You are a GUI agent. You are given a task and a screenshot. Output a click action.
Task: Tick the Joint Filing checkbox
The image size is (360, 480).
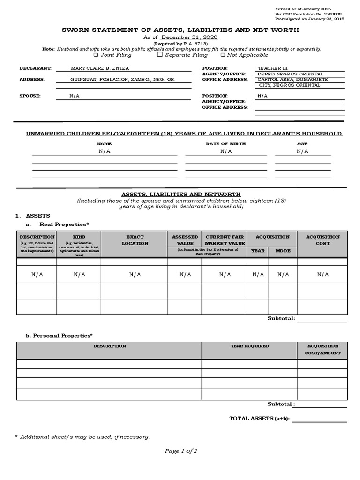[96, 55]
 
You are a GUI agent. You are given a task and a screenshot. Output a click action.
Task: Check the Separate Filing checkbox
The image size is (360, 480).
[160, 55]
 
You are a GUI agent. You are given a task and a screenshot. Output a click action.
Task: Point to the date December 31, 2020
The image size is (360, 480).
[189, 37]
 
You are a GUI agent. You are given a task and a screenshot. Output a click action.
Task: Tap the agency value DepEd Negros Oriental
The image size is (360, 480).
[290, 74]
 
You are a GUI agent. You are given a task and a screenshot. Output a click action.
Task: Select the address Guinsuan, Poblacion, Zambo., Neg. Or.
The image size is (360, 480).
[122, 80]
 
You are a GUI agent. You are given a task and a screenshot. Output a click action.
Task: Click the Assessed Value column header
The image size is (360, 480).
[185, 240]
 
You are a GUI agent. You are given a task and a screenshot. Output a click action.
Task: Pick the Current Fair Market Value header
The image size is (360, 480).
[225, 240]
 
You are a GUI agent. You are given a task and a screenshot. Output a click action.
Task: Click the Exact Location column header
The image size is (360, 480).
[135, 240]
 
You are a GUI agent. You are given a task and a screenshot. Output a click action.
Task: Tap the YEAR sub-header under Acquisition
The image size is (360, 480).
[258, 251]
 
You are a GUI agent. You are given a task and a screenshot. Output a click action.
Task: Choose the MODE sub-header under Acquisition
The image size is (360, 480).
[283, 251]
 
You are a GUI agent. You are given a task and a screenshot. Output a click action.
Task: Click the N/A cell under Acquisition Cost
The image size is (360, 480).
[322, 275]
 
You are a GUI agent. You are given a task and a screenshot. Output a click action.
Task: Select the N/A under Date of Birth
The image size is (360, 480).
[226, 151]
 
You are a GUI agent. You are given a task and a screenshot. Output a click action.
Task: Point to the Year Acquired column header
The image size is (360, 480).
[249, 346]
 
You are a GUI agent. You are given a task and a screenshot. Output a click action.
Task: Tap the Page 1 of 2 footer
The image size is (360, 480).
[180, 451]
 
